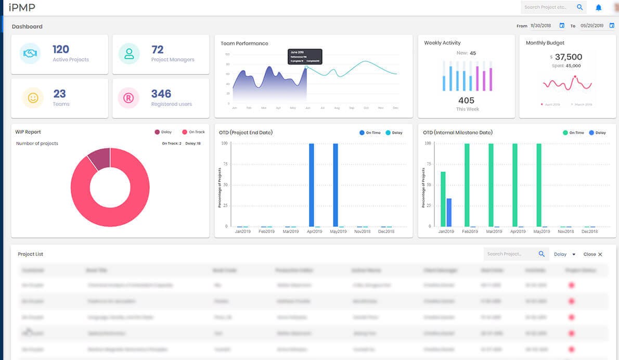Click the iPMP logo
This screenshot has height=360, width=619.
coord(22,7)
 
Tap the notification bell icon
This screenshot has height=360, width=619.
coord(598,7)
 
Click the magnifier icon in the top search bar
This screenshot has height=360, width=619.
coord(579,7)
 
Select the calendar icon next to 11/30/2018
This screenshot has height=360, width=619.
coord(562,25)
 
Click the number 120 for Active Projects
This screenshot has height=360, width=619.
coord(61,49)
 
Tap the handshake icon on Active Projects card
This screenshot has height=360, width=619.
coord(30,54)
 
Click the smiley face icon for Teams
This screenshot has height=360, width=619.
coord(33,98)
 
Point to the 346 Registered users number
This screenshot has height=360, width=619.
coord(161,94)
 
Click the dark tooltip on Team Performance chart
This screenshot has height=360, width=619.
coord(305,57)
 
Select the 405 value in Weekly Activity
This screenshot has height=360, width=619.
coord(466,100)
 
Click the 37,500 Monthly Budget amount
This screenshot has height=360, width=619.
coord(568,57)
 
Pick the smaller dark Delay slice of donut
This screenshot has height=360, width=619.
coord(99,158)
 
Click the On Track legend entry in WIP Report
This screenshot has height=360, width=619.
coord(193,132)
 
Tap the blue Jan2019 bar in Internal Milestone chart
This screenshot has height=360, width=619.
coord(449,212)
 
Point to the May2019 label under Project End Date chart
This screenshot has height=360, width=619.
coord(338,232)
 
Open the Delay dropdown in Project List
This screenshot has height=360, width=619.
coord(564,254)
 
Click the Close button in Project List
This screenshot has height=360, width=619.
coord(592,254)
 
